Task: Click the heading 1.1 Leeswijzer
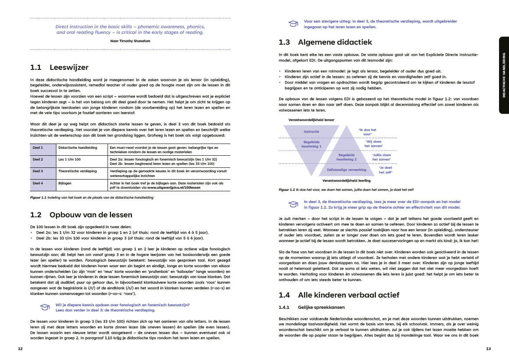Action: tap(59, 67)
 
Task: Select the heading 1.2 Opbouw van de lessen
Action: tap(81, 215)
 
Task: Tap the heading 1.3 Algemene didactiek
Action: tap(325, 42)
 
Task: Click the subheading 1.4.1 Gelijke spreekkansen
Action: tap(312, 308)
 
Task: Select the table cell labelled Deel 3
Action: tap(38, 171)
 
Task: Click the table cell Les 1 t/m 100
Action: tap(69, 159)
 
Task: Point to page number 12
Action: tap(20, 348)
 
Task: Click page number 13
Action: tap(488, 348)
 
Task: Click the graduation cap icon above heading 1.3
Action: tap(294, 23)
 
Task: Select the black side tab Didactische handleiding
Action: tap(503, 75)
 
